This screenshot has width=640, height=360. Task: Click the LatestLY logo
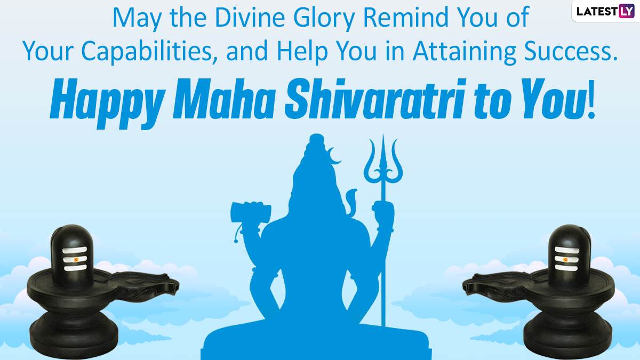pyautogui.click(x=605, y=11)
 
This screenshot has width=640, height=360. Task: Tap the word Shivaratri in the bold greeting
pyautogui.click(x=374, y=99)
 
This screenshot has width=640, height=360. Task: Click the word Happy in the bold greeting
pyautogui.click(x=107, y=103)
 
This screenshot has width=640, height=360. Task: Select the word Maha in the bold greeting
pyautogui.click(x=223, y=99)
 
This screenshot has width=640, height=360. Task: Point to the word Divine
pyautogui.click(x=250, y=18)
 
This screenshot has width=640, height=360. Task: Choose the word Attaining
pyautogui.click(x=465, y=51)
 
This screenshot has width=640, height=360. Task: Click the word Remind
pyautogui.click(x=405, y=18)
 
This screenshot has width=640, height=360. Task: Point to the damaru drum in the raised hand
pyautogui.click(x=251, y=212)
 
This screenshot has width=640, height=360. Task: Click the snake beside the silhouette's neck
pyautogui.click(x=350, y=202)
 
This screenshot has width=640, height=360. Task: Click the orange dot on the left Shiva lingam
pyautogui.click(x=76, y=259)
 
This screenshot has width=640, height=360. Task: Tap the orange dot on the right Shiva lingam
pyautogui.click(x=565, y=259)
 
